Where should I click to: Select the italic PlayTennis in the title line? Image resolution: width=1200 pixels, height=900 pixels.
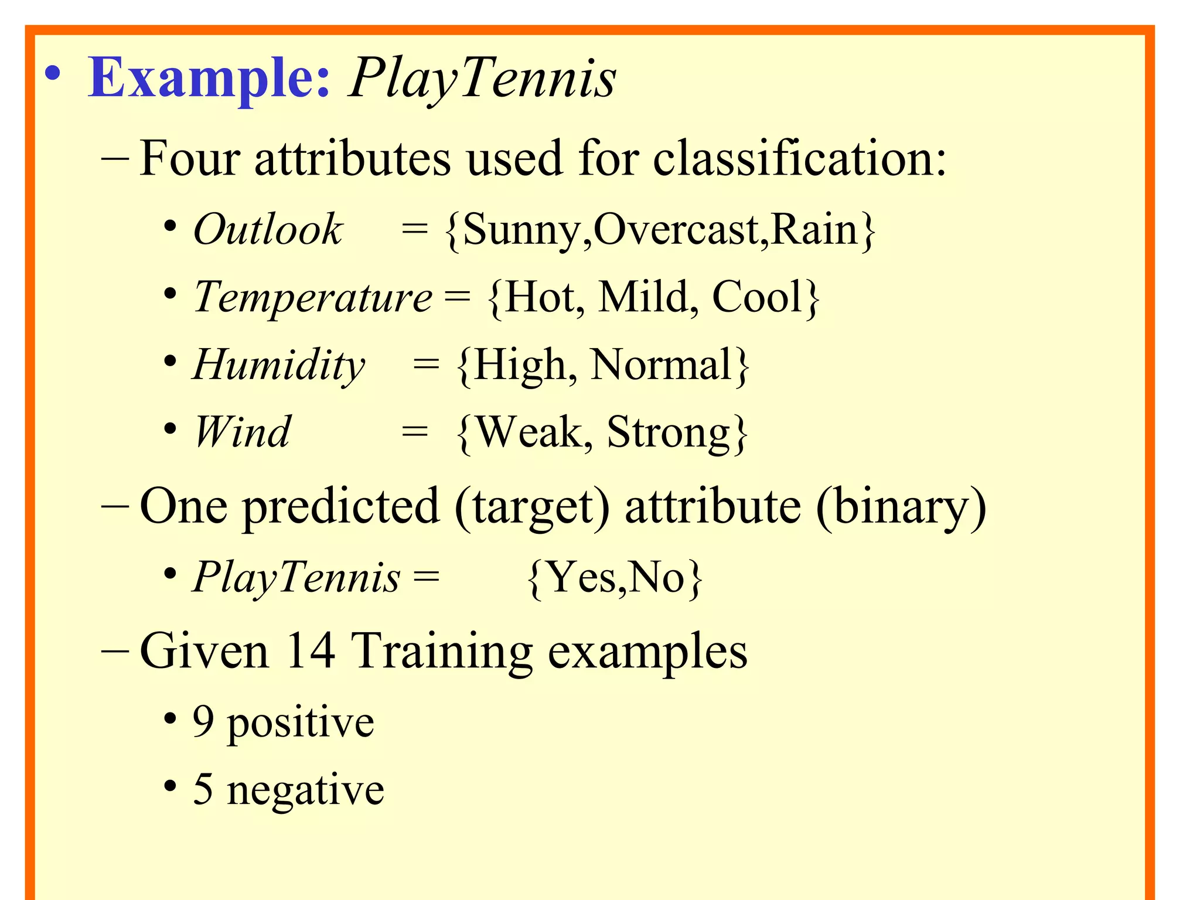482,79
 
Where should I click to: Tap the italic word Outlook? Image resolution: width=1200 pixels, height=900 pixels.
268,229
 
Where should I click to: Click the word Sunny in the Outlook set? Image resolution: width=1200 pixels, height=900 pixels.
526,230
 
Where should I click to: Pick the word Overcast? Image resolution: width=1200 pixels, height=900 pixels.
679,229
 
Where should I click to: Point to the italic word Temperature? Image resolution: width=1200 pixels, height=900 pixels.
313,296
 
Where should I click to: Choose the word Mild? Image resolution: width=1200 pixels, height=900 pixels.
643,296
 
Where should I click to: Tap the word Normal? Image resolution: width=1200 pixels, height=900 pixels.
662,364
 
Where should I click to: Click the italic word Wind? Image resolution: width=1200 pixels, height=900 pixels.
242,432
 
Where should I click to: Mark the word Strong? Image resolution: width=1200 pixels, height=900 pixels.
669,432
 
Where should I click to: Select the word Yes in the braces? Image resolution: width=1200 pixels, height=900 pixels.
581,577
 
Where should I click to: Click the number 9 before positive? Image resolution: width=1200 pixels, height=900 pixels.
203,721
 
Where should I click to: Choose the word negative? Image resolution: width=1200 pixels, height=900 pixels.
305,789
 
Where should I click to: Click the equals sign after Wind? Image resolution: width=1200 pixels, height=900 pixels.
415,432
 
